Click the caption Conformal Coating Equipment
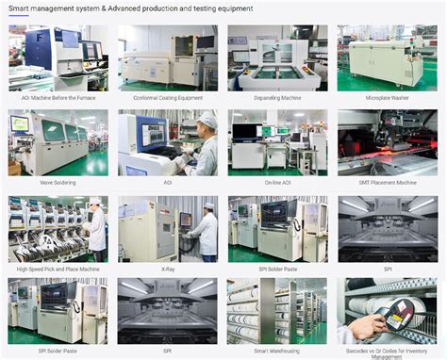pos(167,98)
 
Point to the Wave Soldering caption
pos(58,182)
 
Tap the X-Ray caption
pos(167,269)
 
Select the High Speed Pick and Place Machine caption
pos(58,269)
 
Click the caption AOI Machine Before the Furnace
pos(58,98)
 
